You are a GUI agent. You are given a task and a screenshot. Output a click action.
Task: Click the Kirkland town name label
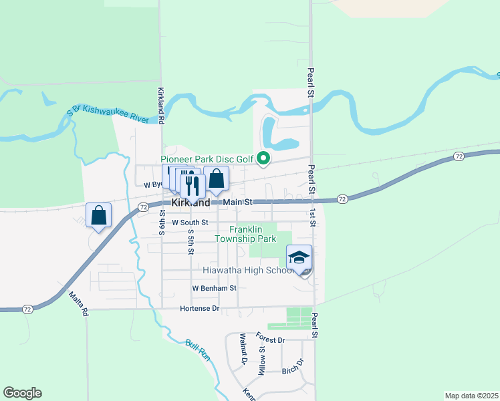tap(191, 202)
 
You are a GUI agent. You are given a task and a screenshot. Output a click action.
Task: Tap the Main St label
tap(239, 202)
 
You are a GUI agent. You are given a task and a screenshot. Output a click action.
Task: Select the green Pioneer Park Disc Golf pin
tap(263, 159)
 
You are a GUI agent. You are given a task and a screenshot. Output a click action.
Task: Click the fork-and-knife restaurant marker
tap(193, 184)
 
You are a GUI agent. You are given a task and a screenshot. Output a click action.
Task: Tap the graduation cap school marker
tap(299, 257)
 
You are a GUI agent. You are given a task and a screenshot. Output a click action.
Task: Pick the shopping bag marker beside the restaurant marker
tap(217, 178)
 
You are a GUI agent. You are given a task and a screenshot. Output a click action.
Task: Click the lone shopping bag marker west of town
tap(98, 215)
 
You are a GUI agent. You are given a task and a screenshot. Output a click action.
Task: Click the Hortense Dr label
tap(199, 309)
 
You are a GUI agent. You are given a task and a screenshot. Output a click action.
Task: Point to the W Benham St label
tap(215, 288)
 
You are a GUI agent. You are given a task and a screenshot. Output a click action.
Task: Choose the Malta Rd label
tap(78, 303)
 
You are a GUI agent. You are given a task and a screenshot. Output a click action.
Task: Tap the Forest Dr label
tap(270, 338)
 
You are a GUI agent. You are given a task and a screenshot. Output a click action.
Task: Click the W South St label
tap(191, 222)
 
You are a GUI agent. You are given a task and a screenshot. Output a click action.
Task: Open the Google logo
tap(22, 393)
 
